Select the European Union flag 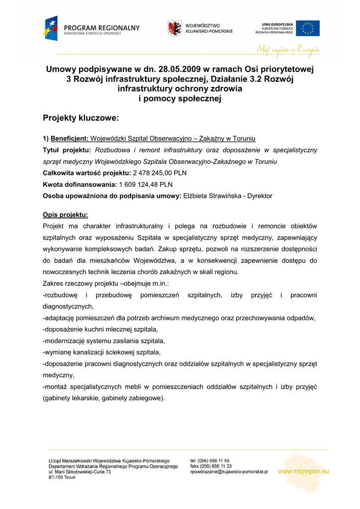[308, 28]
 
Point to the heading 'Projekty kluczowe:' [81, 118]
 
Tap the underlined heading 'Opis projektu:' [65, 215]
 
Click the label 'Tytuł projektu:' [67, 150]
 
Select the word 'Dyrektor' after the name [259, 196]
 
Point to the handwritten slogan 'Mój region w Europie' [287, 49]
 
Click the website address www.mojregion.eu [303, 471]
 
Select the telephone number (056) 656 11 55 [214, 461]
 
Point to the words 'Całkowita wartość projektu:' [86, 173]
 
